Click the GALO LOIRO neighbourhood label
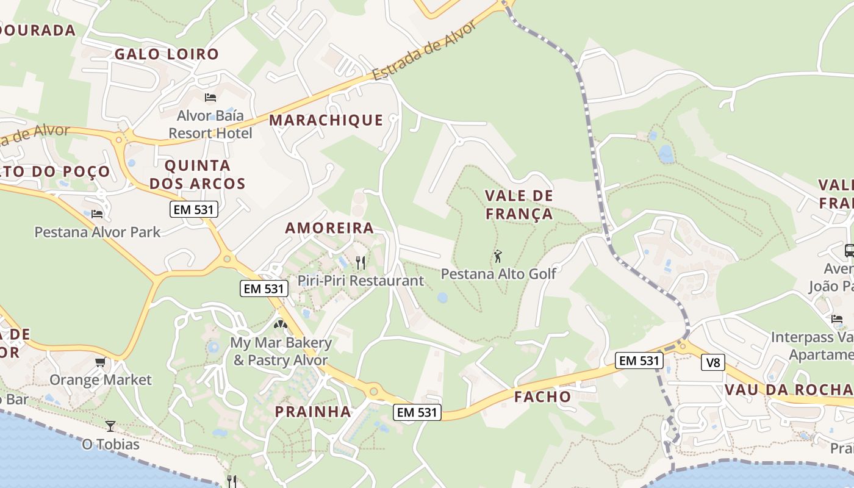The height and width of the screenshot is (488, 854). click(167, 54)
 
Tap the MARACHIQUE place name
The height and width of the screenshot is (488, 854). click(326, 120)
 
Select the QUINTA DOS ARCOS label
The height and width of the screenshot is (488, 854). click(198, 174)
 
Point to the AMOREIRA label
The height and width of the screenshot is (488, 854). click(329, 228)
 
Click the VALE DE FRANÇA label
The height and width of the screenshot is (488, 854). click(519, 205)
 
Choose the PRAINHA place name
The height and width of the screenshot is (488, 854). click(313, 412)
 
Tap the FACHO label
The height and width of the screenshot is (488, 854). click(542, 397)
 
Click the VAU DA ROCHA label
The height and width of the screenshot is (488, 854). click(788, 390)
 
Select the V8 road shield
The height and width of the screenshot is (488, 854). click(712, 363)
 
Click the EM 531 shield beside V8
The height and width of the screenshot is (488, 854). click(639, 361)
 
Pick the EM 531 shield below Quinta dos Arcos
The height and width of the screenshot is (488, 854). click(193, 210)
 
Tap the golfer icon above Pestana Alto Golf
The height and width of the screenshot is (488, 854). click(498, 256)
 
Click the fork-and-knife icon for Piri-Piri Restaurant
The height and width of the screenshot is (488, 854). click(361, 263)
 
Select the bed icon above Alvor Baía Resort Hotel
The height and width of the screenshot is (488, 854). click(210, 98)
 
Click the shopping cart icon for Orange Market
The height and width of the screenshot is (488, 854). click(100, 362)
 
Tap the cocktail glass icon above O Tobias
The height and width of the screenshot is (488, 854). click(110, 426)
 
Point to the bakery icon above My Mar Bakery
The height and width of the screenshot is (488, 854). click(280, 325)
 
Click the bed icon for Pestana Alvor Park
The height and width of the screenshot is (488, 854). click(97, 214)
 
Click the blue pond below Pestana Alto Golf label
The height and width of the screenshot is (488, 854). click(442, 298)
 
